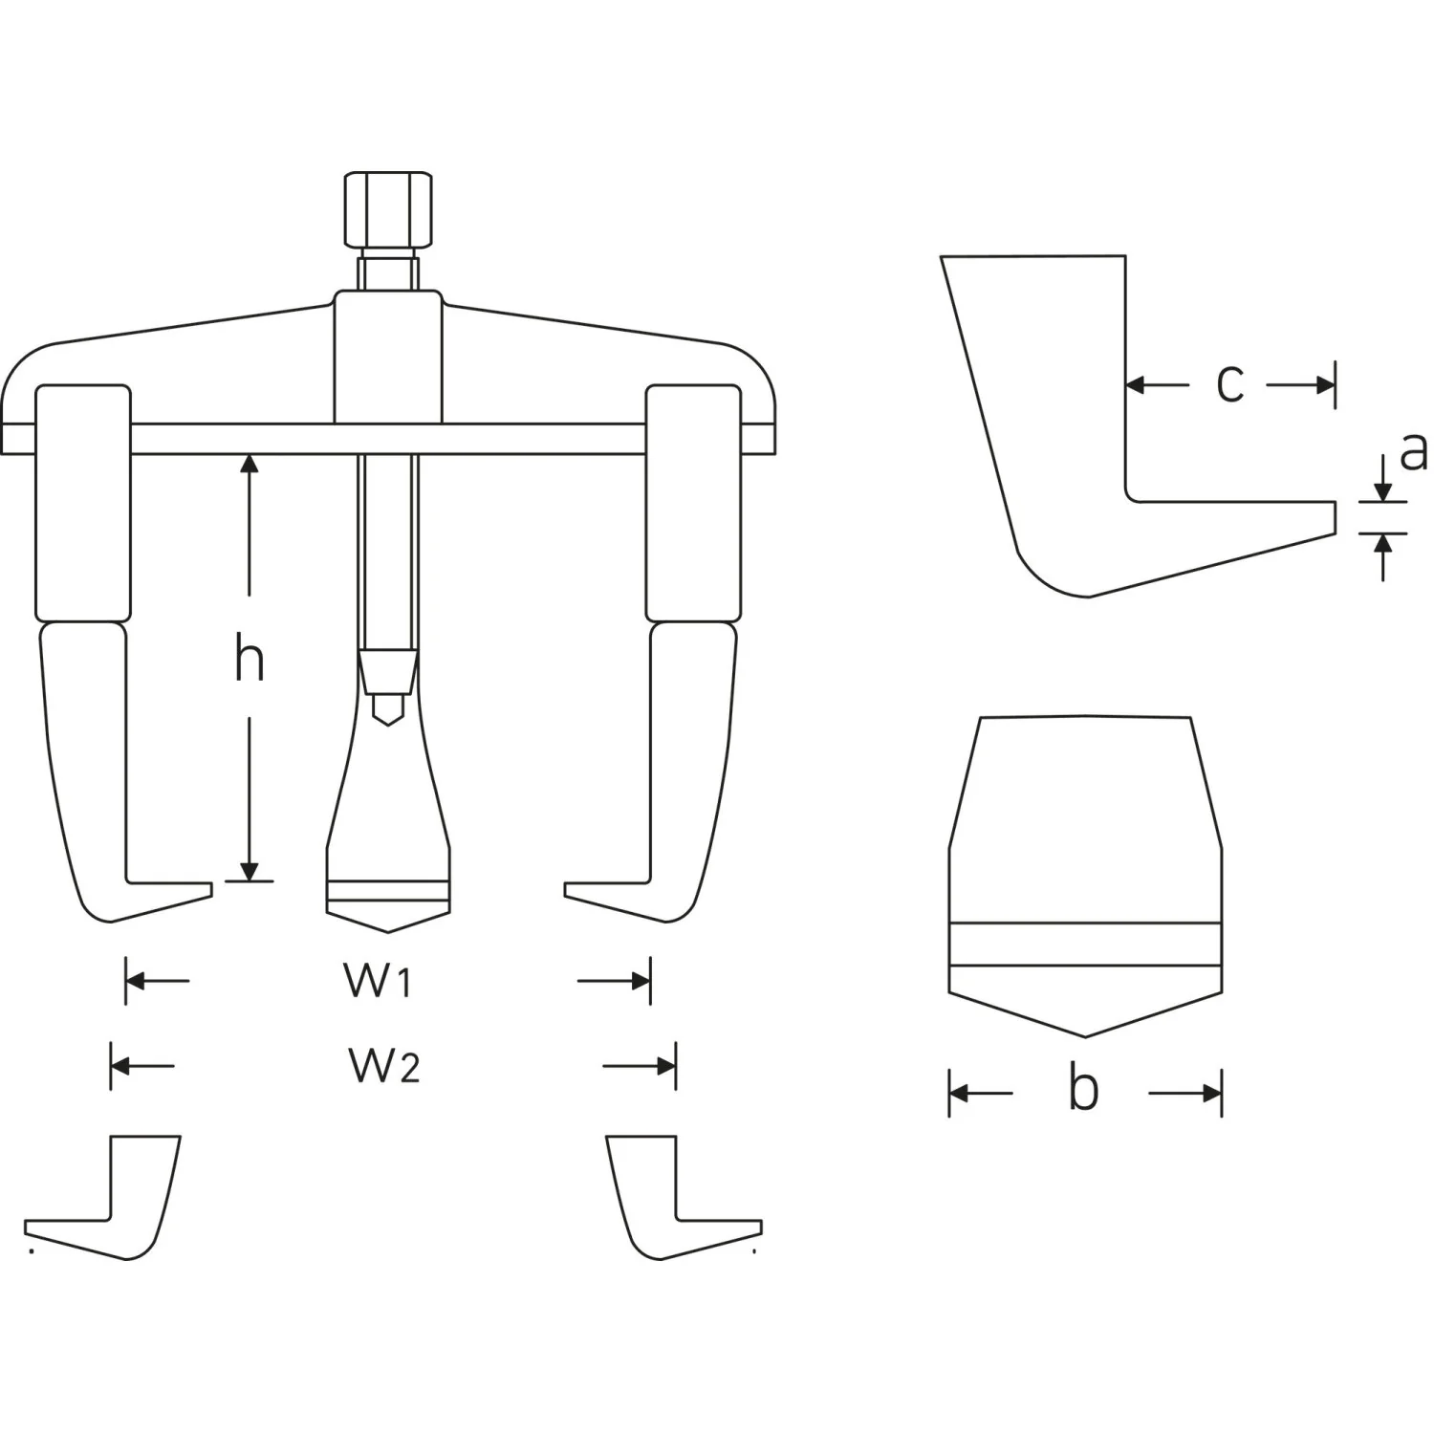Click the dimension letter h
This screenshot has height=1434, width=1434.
[250, 661]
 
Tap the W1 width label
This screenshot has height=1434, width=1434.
[378, 981]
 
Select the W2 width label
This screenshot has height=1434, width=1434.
[383, 1065]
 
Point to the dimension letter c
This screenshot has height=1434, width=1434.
[1229, 384]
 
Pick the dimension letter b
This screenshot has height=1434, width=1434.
[1083, 1089]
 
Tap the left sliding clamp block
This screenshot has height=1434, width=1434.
[82, 503]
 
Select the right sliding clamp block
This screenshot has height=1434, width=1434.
[693, 503]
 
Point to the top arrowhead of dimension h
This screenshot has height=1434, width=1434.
[250, 465]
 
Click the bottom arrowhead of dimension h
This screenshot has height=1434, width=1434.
[250, 870]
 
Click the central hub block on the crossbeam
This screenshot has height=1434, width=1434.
[387, 358]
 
